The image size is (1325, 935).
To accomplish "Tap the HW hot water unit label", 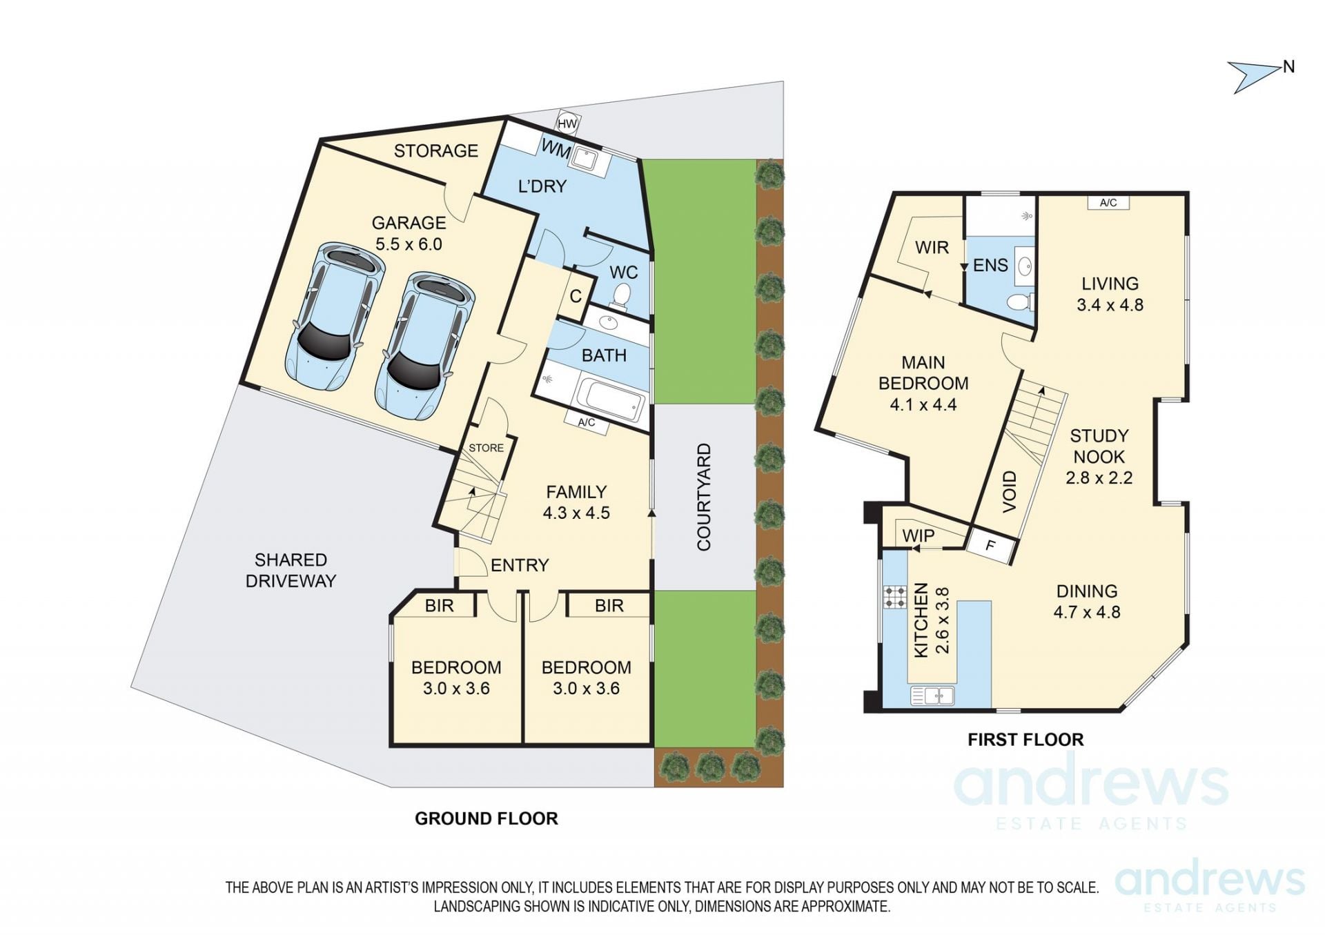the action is coord(567,124).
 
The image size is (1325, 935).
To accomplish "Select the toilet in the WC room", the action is coord(622,296).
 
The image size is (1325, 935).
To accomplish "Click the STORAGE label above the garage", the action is coord(435,150).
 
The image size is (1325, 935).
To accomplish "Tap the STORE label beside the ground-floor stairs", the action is coord(486,448).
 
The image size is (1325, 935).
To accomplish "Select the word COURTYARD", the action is coord(703,497).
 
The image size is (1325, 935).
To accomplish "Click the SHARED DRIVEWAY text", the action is coord(291,570).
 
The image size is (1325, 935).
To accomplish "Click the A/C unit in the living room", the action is coord(1108,202).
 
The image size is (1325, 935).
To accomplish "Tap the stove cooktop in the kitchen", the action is coord(895,597).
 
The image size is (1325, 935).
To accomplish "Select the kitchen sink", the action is coord(932,696).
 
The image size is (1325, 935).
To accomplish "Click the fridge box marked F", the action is coord(991,546).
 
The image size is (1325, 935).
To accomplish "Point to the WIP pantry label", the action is coord(918,535).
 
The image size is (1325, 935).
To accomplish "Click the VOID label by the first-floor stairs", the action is coord(1009,491).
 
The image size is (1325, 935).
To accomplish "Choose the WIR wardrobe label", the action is coord(932,247).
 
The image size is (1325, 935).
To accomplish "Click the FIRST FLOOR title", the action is coord(1025,740).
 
